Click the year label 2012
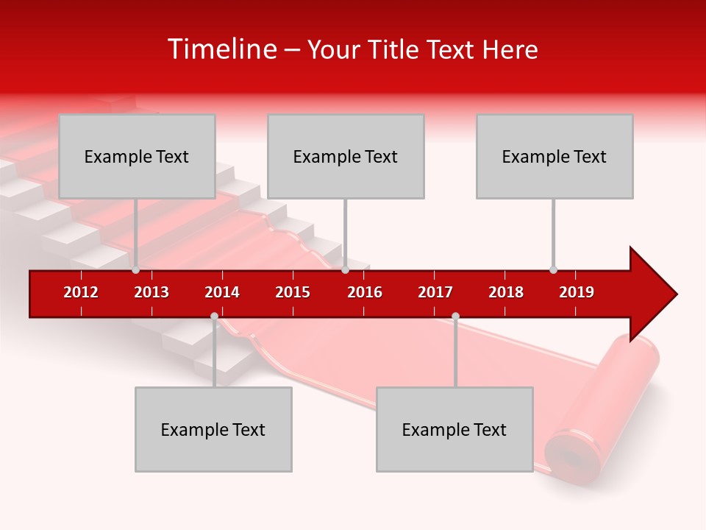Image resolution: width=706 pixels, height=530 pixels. click(81, 292)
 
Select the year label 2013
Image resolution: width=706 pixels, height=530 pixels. click(151, 292)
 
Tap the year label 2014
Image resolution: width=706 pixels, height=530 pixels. click(222, 292)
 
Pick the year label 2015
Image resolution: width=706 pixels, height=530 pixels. click(293, 292)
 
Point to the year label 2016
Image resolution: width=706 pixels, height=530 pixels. click(365, 292)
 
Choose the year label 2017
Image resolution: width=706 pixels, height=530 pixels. click(435, 292)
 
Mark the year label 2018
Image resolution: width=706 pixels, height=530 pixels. click(506, 292)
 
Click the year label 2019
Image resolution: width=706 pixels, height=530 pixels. click(577, 292)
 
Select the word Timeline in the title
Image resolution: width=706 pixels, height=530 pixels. click(221, 49)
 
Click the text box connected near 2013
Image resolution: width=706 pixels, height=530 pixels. click(137, 156)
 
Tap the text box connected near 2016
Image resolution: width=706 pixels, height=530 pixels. click(346, 156)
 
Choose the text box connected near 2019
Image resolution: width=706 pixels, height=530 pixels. click(555, 156)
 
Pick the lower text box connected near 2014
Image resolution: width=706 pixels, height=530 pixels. click(213, 429)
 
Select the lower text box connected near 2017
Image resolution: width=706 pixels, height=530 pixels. click(454, 429)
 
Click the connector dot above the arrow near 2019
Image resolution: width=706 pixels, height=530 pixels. click(553, 269)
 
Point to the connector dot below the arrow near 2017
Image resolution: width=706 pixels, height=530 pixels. click(455, 317)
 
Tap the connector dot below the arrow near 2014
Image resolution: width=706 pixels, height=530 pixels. click(214, 317)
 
